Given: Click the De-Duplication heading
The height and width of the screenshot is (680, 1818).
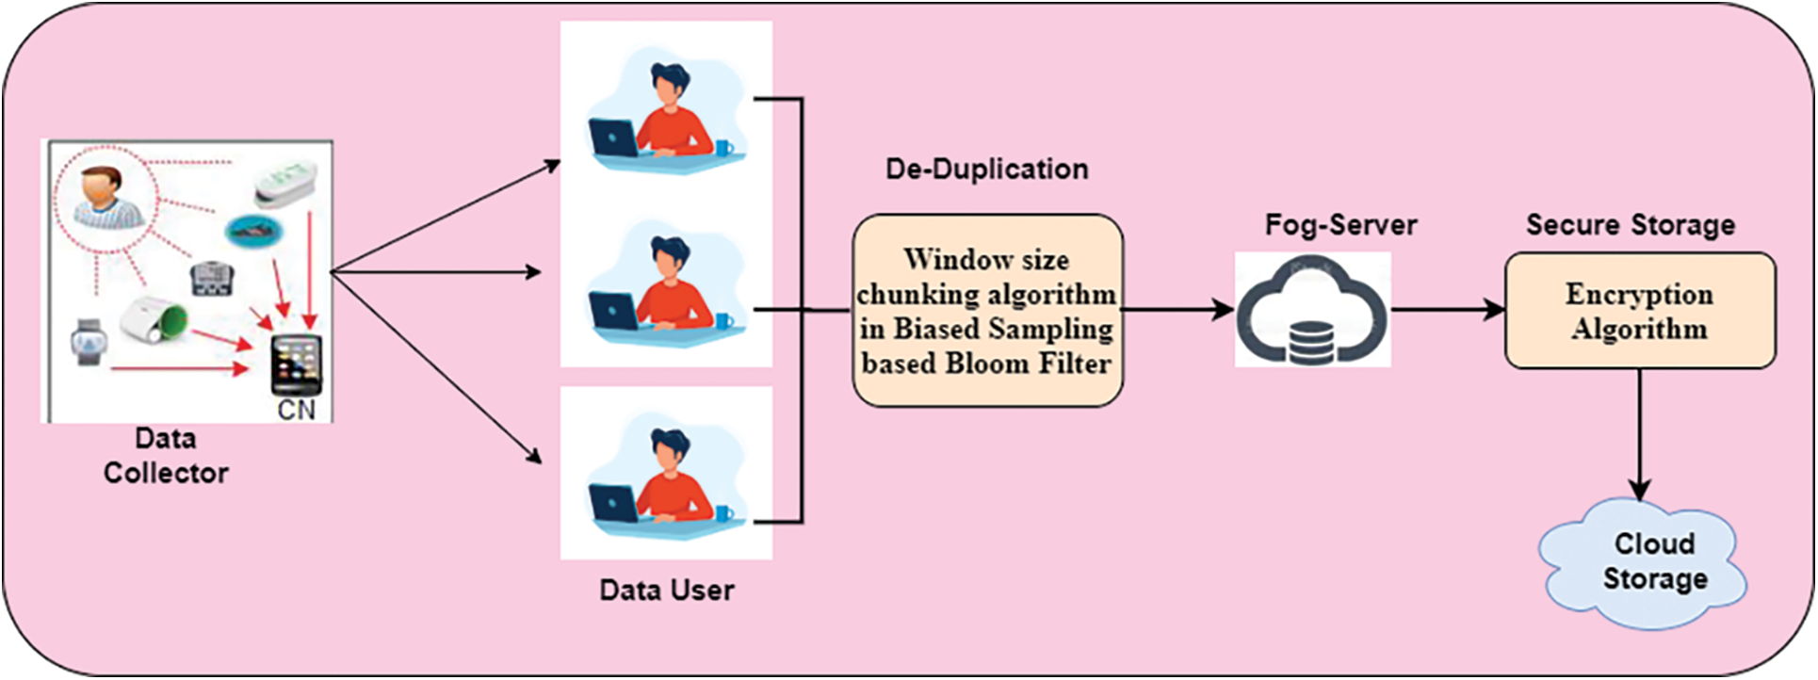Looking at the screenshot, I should (x=986, y=170).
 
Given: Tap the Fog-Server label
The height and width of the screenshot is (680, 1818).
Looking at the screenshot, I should (x=1339, y=225).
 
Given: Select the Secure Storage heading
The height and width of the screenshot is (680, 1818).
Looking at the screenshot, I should (x=1630, y=225).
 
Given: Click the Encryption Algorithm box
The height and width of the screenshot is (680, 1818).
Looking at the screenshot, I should (x=1639, y=311).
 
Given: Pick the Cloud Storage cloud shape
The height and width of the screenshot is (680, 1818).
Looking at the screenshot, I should (x=1643, y=562).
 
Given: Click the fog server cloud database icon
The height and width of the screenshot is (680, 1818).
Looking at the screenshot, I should (x=1312, y=311).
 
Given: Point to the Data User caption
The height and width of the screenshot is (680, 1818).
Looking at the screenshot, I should (x=666, y=591).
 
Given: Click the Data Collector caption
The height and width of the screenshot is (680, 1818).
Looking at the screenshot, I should (x=166, y=456).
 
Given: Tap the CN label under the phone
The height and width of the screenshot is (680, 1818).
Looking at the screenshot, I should (x=296, y=410).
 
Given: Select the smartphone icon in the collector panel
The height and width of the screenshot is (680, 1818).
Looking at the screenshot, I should (x=296, y=364).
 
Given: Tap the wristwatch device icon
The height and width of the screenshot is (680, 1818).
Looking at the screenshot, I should (x=89, y=341).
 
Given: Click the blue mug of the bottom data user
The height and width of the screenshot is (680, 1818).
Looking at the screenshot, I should (x=723, y=514).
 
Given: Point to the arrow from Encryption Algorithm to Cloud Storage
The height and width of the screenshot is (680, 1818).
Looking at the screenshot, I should (x=1639, y=433).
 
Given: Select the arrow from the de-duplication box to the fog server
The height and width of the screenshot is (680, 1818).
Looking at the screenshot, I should (x=1177, y=309).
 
